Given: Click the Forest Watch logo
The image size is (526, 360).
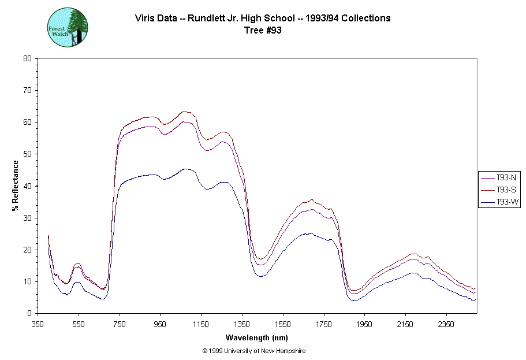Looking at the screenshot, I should click(x=68, y=27).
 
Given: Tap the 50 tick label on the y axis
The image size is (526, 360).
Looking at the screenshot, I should click(x=27, y=154).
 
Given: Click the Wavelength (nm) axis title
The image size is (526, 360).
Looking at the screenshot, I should click(x=257, y=338).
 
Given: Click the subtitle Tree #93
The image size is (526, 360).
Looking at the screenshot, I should click(x=263, y=31).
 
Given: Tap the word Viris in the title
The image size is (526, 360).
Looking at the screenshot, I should click(x=146, y=18).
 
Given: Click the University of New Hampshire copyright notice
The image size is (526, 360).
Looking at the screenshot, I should click(x=253, y=351).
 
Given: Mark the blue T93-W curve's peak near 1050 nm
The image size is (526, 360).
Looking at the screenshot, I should click(x=185, y=169).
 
